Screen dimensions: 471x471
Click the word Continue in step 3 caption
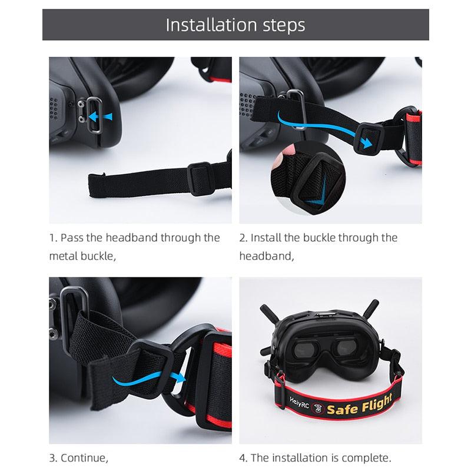point(87,457)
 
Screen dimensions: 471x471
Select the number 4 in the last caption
point(243,457)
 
